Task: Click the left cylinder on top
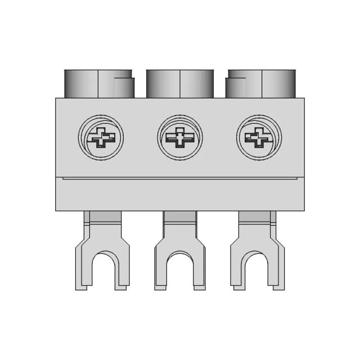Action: coord(99,84)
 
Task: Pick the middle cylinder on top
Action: coord(180,84)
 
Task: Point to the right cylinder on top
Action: coord(261,84)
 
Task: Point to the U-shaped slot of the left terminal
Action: coord(102,272)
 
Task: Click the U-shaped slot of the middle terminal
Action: coord(181,272)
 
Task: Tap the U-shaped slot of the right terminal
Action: coord(258,272)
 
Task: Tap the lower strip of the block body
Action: coord(180,195)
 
